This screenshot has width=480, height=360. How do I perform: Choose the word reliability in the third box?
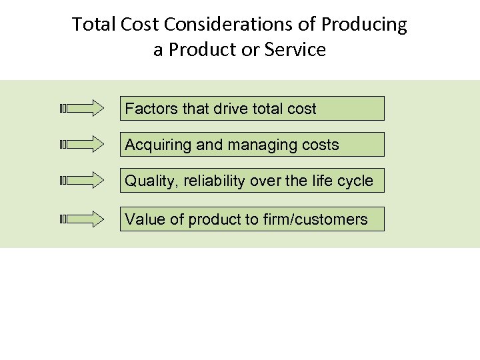[206, 181]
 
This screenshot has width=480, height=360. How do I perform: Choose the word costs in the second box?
[320, 145]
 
